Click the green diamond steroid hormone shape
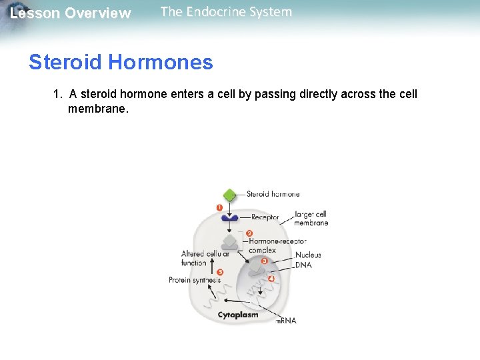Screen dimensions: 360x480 (229, 195)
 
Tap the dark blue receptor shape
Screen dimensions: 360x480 (230, 217)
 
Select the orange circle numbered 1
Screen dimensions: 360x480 (219, 207)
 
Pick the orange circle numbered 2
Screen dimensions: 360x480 (249, 233)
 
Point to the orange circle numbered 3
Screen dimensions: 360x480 (265, 261)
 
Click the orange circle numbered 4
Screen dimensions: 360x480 (271, 278)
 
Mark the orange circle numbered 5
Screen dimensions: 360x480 (220, 272)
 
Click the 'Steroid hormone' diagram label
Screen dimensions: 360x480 (273, 195)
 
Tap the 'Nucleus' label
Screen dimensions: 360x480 (308, 255)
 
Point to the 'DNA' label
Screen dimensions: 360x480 (303, 265)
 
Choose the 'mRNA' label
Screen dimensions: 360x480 (286, 321)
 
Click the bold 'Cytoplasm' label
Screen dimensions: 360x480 (238, 315)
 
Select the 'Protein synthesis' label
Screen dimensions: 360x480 (194, 281)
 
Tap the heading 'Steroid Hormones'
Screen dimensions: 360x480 (121, 63)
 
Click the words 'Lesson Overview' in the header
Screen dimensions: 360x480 (71, 13)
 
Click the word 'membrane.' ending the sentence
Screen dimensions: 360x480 (97, 108)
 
